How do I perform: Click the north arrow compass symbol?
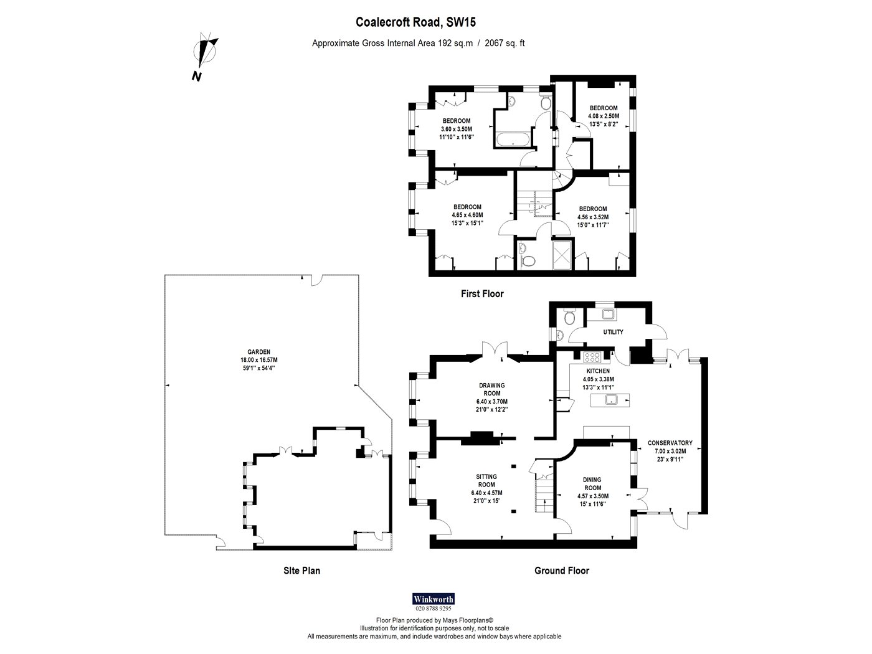(x=206, y=52)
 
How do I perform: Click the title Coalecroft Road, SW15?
(x=415, y=22)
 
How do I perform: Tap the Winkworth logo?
(x=434, y=599)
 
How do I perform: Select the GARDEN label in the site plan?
(x=258, y=352)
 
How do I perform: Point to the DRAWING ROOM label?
(x=492, y=389)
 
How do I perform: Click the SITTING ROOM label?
(x=486, y=480)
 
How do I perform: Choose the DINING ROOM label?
(x=592, y=484)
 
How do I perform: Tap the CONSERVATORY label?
(x=670, y=443)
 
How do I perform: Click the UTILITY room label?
(x=614, y=332)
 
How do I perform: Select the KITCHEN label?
(x=599, y=371)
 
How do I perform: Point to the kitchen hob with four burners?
(x=592, y=357)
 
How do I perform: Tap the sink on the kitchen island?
(x=611, y=399)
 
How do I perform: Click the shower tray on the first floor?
(x=563, y=255)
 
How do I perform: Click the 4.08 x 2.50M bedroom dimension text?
(x=604, y=116)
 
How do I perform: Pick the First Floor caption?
(x=482, y=294)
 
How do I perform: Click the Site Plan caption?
(x=302, y=571)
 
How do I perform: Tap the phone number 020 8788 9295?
(x=434, y=609)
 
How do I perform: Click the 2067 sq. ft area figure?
(x=505, y=43)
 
